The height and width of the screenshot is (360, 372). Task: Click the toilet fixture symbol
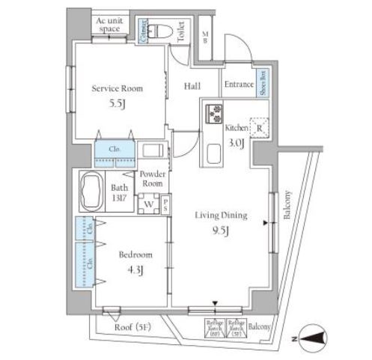click(x=159, y=31)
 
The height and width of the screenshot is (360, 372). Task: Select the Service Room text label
click(x=117, y=88)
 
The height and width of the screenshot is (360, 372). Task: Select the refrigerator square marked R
click(x=258, y=127)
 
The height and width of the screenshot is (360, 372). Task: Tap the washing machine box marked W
click(x=148, y=203)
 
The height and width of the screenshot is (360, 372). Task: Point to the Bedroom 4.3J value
click(x=136, y=269)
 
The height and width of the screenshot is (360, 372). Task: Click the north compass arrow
click(x=314, y=338)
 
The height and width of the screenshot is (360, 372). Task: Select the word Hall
click(x=192, y=86)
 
